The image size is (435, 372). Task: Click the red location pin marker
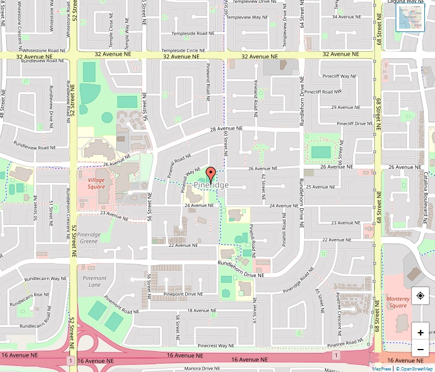[x=210, y=173]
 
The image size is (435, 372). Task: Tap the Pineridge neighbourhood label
[x=211, y=185]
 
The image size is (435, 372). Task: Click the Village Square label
[x=96, y=183]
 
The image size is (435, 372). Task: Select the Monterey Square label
[x=397, y=302]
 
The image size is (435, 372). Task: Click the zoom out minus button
[x=420, y=350]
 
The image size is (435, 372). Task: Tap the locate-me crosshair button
[x=420, y=296]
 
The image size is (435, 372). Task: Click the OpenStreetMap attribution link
[x=415, y=369]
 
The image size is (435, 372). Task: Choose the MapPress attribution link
[x=382, y=369]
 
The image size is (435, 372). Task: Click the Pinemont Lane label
[x=94, y=281]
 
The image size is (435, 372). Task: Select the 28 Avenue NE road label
[x=226, y=128]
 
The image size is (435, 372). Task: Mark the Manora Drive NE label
[x=203, y=369]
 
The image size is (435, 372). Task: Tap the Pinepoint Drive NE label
[x=183, y=294]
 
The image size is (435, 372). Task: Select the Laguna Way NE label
[x=407, y=2]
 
